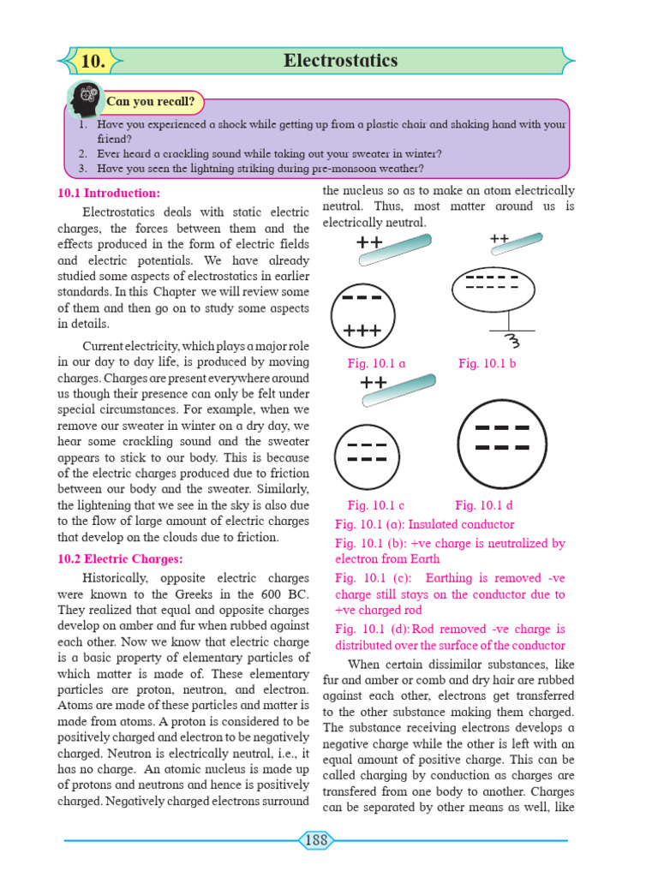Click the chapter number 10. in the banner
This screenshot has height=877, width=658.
pyautogui.click(x=93, y=62)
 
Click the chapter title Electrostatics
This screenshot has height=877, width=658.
pyautogui.click(x=340, y=61)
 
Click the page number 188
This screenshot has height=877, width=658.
pyautogui.click(x=316, y=840)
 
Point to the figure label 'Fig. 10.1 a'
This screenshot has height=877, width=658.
pyautogui.click(x=376, y=363)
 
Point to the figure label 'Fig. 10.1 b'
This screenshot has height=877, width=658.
pyautogui.click(x=487, y=363)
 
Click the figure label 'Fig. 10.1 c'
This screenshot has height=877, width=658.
pyautogui.click(x=376, y=505)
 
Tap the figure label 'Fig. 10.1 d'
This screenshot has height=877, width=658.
pyautogui.click(x=484, y=505)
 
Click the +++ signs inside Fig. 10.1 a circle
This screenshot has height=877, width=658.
pyautogui.click(x=362, y=330)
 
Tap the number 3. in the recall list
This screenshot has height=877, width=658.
pyautogui.click(x=83, y=169)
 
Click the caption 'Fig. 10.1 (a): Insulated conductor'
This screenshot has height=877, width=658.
pyautogui.click(x=425, y=524)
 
